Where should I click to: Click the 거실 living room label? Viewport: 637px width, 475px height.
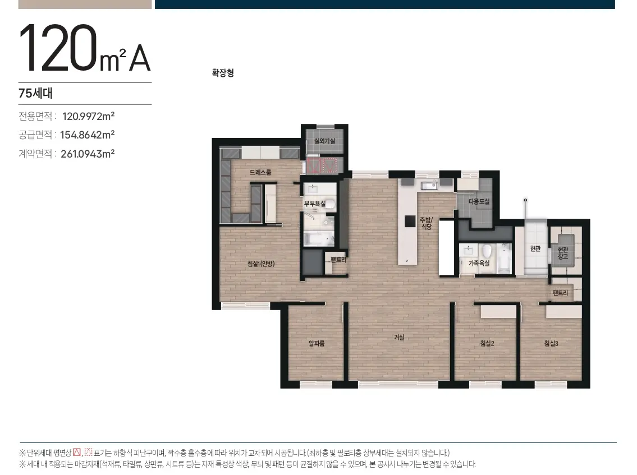point(399,337)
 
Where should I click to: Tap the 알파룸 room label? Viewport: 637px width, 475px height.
point(317,343)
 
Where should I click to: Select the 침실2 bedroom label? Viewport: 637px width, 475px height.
point(487,343)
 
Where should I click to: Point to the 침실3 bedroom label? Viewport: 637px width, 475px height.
point(551,343)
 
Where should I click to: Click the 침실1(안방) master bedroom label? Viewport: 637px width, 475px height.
point(261,264)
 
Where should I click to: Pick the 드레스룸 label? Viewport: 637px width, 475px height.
point(260,172)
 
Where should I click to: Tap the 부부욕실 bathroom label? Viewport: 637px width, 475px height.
point(315,204)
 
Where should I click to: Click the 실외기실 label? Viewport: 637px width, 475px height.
point(324,141)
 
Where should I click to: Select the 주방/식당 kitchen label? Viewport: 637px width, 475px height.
point(426,223)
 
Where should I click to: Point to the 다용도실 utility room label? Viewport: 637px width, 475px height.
point(479,201)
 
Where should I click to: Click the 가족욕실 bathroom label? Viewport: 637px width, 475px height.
point(479,263)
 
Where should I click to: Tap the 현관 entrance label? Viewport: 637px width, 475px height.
point(535,248)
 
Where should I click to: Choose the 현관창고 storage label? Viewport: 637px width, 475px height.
point(563,253)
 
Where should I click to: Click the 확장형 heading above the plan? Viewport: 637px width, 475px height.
point(223,73)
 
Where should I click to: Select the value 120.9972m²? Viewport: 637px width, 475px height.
point(88,116)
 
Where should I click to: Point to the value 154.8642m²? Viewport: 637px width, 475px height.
point(88,135)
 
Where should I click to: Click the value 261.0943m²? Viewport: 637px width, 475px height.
point(88,154)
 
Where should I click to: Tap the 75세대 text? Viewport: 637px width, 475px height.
point(36,93)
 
